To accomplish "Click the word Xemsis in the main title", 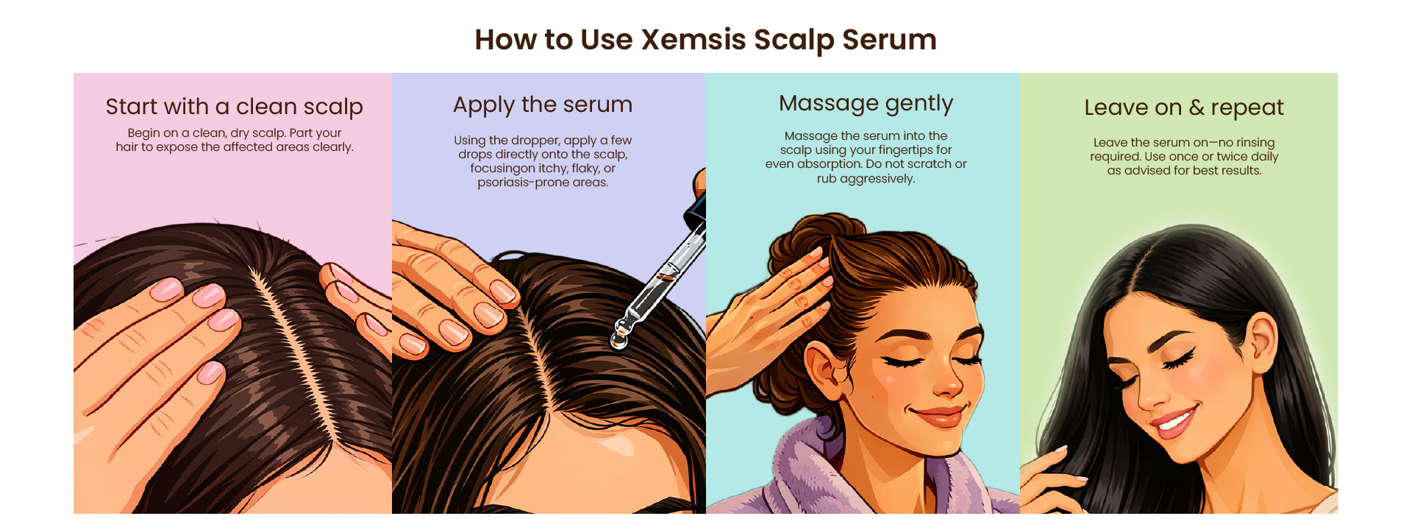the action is pos(693,40).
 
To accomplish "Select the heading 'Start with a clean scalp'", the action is pos(234,107).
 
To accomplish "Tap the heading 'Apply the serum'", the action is pos(543,105).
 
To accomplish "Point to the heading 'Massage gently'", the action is pos(866,104).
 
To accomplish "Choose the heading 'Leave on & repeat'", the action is pos(1183,108).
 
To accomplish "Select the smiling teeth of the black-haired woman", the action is pos(1174,423).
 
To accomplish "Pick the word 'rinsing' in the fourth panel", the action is pos(1256,143).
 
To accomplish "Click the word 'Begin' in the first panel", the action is pos(143,133).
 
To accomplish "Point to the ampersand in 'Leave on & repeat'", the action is pos(1197,108).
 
